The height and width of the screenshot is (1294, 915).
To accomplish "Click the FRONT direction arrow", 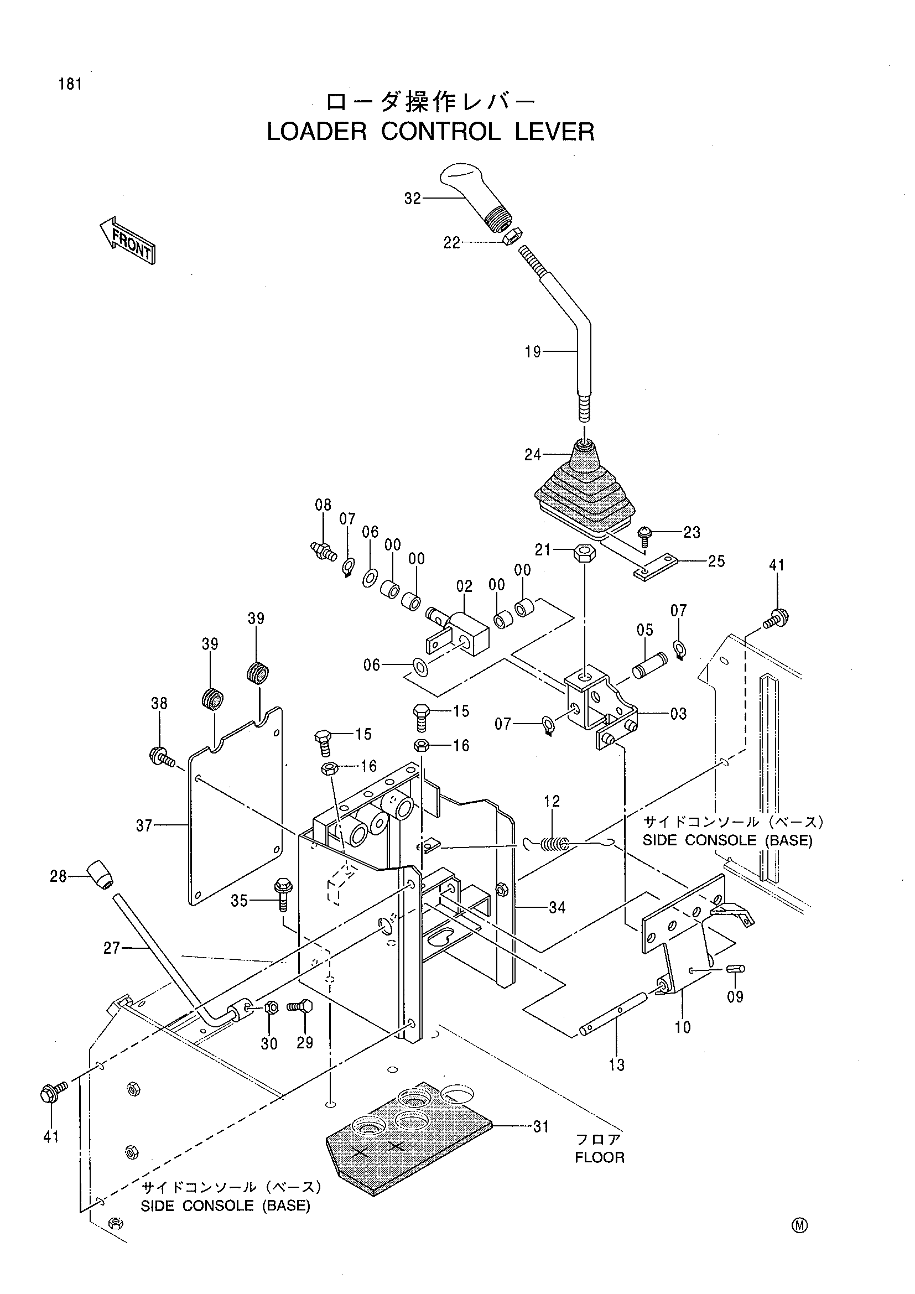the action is point(127,240).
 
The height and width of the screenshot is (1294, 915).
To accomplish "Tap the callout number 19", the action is point(532,352).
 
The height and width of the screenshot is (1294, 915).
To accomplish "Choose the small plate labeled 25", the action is point(654,567).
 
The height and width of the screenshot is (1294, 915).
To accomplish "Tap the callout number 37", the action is point(144,825).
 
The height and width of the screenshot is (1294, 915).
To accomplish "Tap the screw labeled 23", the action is point(644,536).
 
